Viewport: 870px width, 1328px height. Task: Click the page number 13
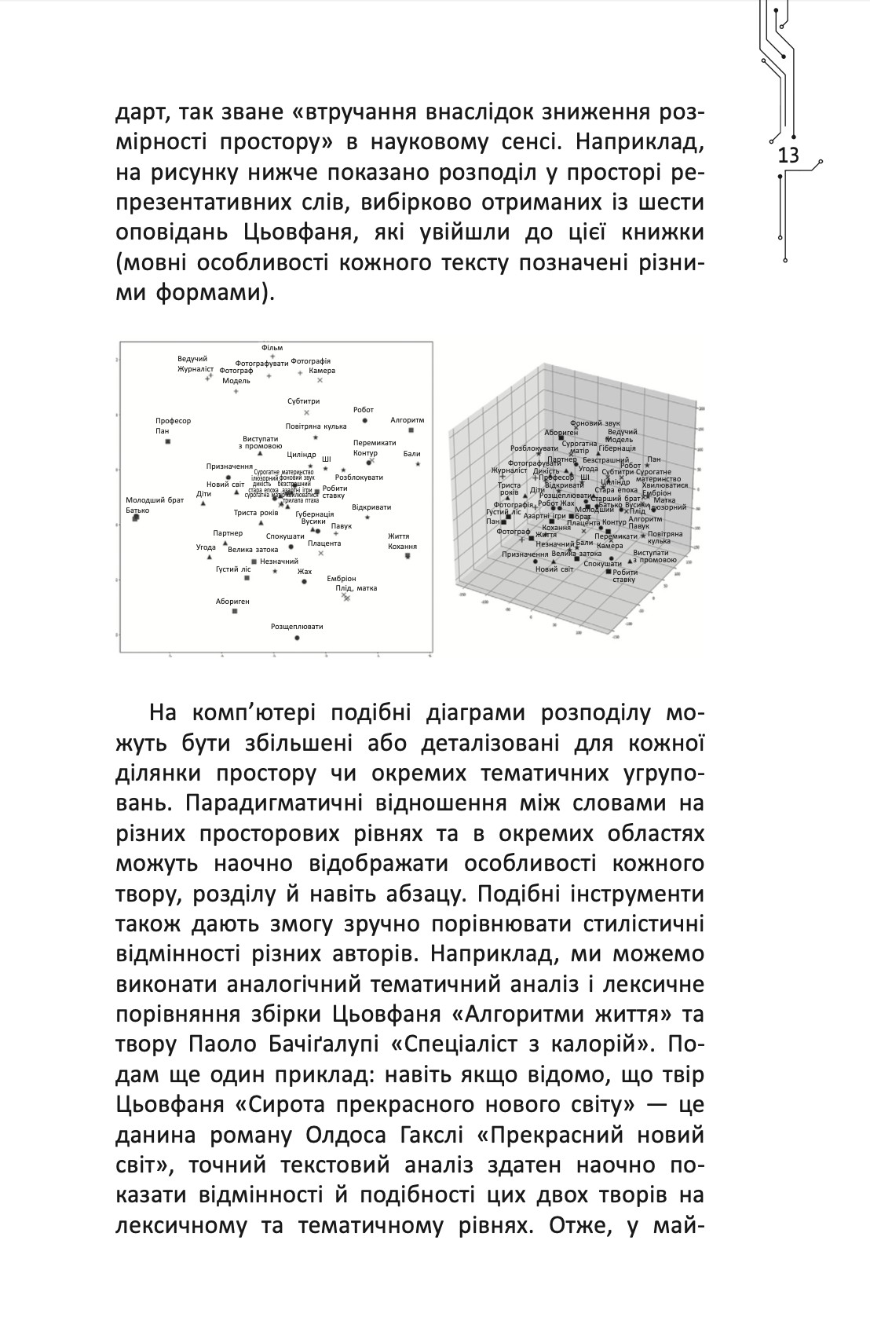pyautogui.click(x=788, y=155)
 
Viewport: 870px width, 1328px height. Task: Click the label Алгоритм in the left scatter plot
pyautogui.click(x=407, y=420)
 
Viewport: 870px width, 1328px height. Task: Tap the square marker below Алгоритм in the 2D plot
pyautogui.click(x=411, y=430)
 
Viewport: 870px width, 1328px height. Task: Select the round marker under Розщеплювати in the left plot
pyautogui.click(x=297, y=638)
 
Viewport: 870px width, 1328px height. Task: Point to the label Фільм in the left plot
pyautogui.click(x=272, y=348)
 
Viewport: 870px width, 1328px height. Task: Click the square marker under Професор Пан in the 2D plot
pyautogui.click(x=168, y=441)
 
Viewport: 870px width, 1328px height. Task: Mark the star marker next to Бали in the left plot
pyautogui.click(x=418, y=464)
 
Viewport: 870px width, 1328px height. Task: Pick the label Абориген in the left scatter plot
pyautogui.click(x=232, y=601)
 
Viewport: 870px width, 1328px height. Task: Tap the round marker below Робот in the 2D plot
pyautogui.click(x=364, y=421)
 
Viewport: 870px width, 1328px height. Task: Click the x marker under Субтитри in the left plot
pyautogui.click(x=306, y=412)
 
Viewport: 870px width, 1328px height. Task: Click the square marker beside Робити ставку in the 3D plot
pyautogui.click(x=609, y=571)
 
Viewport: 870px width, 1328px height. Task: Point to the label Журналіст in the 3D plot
pyautogui.click(x=510, y=470)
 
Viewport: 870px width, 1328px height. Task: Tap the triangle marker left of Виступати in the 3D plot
pyautogui.click(x=631, y=561)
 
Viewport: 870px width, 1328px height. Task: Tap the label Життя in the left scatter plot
pyautogui.click(x=398, y=536)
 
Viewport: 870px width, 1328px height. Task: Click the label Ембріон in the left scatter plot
pyautogui.click(x=342, y=578)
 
